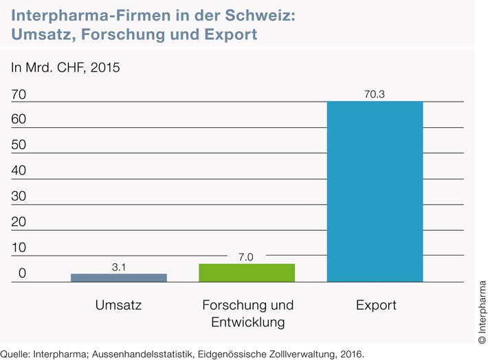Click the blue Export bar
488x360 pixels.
[375, 192]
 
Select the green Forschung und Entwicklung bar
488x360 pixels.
[247, 273]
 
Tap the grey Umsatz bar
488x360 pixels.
[118, 278]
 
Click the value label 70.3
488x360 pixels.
[375, 93]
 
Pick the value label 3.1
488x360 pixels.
[118, 266]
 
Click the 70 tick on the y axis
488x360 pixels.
[19, 93]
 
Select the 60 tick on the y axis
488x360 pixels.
[19, 120]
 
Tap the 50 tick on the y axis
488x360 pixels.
[19, 145]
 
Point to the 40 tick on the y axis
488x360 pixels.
[19, 170]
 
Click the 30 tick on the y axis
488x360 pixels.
[19, 196]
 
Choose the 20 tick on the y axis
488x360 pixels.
[19, 222]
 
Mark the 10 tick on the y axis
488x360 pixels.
[19, 248]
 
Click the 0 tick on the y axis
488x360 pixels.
[22, 273]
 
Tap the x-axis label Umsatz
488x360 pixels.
[118, 305]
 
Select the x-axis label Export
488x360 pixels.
[376, 305]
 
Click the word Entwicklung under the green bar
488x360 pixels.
[247, 322]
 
